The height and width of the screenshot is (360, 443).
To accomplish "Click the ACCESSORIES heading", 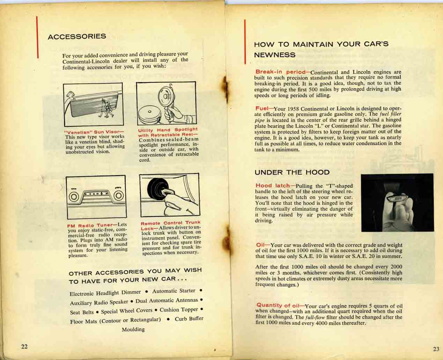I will (77, 36).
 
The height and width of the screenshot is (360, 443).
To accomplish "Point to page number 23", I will (436, 349).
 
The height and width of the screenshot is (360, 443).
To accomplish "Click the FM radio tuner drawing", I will (95, 197).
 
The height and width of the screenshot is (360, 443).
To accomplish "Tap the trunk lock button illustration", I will (169, 195).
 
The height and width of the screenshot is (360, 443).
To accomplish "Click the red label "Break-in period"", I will (281, 72).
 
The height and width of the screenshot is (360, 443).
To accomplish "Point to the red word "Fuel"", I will (262, 108).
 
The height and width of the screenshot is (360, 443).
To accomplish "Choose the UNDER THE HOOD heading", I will (292, 172).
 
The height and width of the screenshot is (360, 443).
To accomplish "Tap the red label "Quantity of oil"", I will (278, 305).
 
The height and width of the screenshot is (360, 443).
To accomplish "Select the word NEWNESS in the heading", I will (275, 55).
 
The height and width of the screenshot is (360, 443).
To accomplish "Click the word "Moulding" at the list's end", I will (133, 329).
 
